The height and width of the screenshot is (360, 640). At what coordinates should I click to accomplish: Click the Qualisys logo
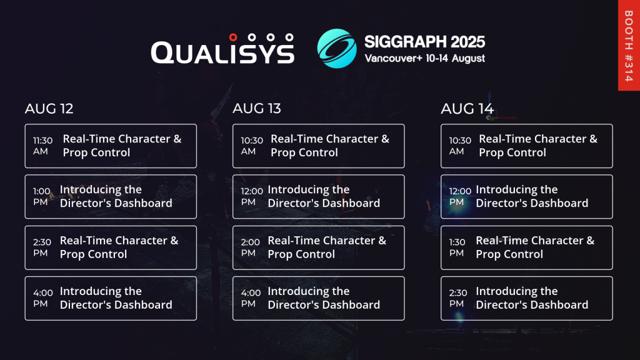(222, 49)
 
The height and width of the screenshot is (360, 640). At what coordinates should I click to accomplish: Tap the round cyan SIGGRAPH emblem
(337, 48)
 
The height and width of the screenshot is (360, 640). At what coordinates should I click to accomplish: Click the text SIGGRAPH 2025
(424, 42)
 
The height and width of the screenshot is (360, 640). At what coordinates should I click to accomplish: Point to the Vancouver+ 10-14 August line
(424, 58)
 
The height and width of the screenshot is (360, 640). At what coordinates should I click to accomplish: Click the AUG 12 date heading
(49, 109)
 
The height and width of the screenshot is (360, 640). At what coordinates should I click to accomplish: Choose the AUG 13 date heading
(257, 109)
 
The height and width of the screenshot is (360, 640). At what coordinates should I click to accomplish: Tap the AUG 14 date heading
(467, 109)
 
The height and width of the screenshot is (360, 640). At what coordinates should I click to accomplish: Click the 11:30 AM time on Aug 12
(43, 146)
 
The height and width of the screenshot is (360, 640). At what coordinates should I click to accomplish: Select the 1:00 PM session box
(111, 196)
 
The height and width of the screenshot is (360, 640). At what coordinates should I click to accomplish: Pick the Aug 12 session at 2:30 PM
(111, 247)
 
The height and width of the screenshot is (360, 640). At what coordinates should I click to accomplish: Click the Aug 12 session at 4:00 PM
(111, 298)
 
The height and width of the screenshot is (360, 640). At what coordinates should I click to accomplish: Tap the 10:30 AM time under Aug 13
(251, 146)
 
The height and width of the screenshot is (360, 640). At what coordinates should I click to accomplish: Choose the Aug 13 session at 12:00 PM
(319, 196)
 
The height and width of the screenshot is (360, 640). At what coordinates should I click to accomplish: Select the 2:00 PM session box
(319, 247)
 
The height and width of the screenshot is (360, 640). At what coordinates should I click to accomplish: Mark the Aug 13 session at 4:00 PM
(319, 298)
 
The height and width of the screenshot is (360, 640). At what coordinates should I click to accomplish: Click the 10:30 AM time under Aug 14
(459, 146)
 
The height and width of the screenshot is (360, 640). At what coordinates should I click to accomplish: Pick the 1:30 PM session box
(527, 247)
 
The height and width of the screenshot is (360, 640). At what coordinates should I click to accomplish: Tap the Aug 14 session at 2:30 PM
(527, 298)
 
